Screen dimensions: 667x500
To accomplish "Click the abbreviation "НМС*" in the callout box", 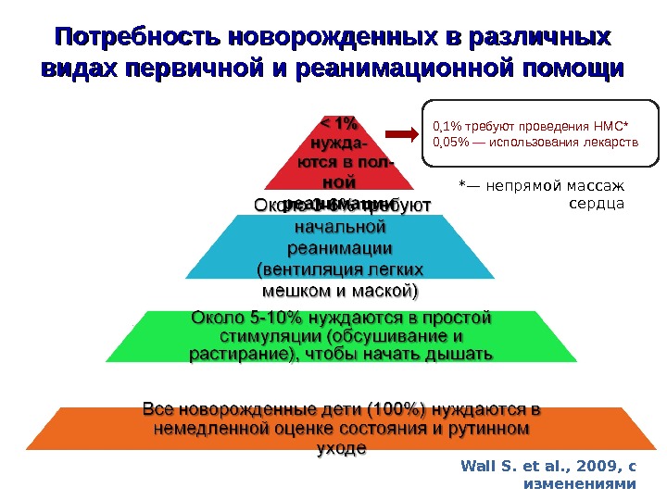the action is [609, 127].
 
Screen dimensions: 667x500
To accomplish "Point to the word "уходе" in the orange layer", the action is [342, 448].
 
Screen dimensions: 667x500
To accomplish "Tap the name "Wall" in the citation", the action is [476, 467].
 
